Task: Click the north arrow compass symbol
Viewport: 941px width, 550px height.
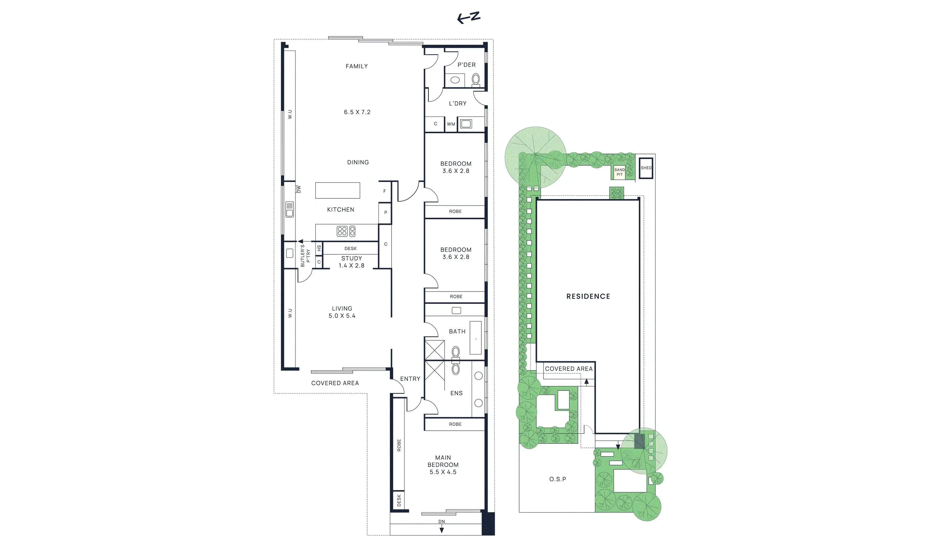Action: click(x=469, y=18)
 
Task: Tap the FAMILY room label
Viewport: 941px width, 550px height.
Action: click(x=357, y=66)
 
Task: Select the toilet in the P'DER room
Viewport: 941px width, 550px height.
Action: click(x=476, y=79)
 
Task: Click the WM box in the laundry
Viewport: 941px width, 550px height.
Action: click(x=451, y=124)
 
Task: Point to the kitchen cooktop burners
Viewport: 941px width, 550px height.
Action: click(x=346, y=231)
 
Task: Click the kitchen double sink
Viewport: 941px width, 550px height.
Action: click(x=289, y=209)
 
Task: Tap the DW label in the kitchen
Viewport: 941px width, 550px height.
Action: click(x=298, y=189)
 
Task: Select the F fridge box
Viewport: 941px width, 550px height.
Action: click(x=385, y=191)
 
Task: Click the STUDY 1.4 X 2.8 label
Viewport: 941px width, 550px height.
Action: click(x=351, y=262)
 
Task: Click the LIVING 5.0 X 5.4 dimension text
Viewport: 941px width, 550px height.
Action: click(x=342, y=316)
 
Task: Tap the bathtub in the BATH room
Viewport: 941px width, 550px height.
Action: click(x=476, y=338)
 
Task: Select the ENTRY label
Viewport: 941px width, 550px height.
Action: click(x=410, y=378)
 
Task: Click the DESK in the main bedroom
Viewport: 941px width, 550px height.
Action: click(x=399, y=500)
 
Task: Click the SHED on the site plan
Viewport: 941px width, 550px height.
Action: click(x=646, y=168)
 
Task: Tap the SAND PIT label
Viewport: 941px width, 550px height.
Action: click(x=620, y=172)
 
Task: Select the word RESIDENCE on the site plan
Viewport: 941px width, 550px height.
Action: click(x=588, y=296)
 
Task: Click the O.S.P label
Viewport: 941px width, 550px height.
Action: click(x=558, y=479)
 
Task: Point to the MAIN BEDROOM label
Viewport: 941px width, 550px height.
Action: click(x=443, y=461)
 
